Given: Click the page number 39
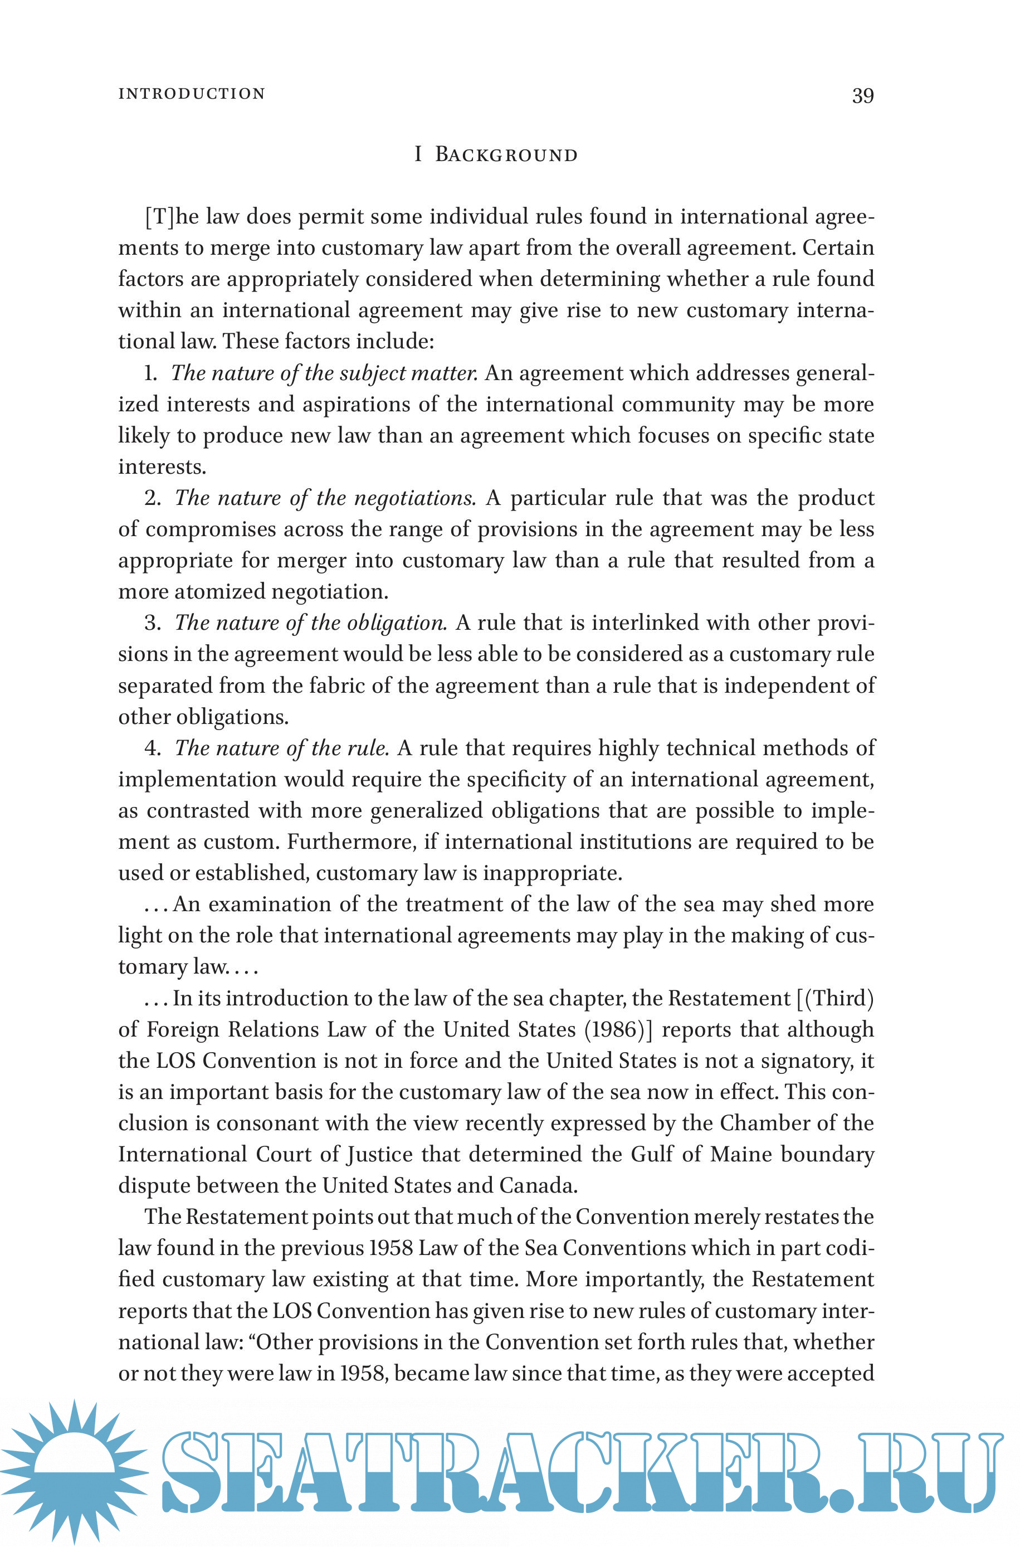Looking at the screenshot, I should coord(862,96).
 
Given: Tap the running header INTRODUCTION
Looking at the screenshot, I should coord(192,94).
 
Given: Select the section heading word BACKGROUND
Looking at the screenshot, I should coord(506,155).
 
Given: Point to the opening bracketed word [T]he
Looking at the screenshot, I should coord(172,216).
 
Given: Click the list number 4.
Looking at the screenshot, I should coord(152,748).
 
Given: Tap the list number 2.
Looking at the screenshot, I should coord(152,498).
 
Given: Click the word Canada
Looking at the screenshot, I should coord(538,1185).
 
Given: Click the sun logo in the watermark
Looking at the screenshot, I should coord(75,1472).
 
